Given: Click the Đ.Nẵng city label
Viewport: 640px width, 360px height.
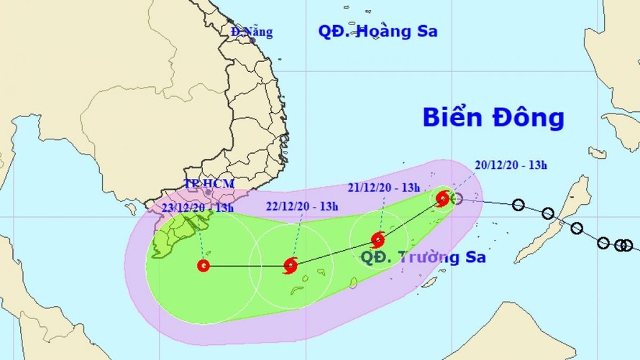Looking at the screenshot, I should pos(251,32).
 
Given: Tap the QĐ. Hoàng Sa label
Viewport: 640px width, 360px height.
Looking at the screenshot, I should pos(378,31).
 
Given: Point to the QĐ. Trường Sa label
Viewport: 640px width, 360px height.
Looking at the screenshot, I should pos(423,257).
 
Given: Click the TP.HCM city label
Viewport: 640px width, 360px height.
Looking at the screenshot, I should pos(209,184).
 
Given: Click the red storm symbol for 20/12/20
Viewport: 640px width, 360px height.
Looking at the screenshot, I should pos(443,198).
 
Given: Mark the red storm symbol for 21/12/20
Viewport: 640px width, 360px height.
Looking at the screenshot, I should pos(378,240).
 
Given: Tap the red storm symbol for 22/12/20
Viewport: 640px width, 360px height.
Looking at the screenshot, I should pos(291,266).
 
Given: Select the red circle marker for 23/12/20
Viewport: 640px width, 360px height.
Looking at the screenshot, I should pos(203,266).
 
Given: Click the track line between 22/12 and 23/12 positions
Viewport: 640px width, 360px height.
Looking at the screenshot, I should pos(246,266).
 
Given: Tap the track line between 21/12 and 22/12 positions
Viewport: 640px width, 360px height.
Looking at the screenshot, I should pos(334,253).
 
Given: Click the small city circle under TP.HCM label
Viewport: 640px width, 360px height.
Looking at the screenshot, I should pos(209,193).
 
